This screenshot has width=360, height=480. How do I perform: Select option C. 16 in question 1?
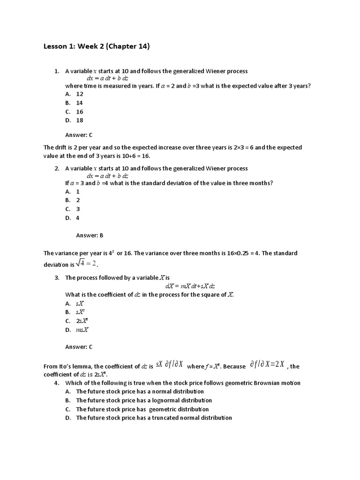[74, 112]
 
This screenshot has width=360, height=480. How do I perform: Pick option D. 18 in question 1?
[74, 120]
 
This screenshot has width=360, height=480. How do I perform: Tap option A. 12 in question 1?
[74, 94]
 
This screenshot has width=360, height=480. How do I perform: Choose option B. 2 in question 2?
[73, 200]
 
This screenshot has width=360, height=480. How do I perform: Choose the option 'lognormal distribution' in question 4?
[143, 400]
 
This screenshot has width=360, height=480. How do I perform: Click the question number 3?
[57, 277]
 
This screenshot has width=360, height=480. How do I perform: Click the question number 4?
[57, 383]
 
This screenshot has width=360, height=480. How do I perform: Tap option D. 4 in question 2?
[73, 218]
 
